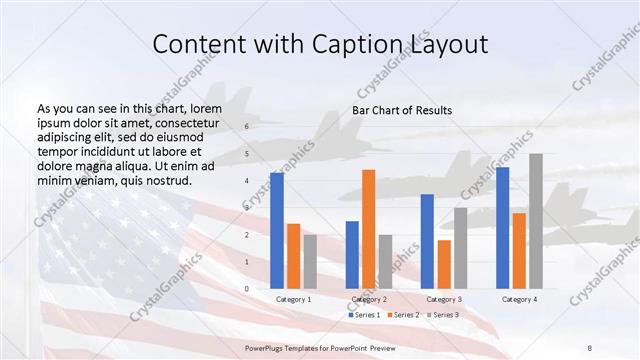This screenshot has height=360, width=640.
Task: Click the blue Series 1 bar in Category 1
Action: [276, 231]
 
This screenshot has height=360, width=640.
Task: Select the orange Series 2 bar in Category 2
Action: [368, 229]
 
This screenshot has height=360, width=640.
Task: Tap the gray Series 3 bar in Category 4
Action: [536, 221]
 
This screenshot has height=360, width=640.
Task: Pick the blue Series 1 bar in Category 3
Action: [427, 241]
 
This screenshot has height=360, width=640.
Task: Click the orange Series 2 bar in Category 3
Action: [444, 264]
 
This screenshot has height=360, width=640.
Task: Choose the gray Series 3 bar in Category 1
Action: [310, 261]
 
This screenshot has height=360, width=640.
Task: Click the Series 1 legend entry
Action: [366, 315]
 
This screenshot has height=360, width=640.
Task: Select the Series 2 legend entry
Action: [405, 315]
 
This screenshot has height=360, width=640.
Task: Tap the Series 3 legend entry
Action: [444, 315]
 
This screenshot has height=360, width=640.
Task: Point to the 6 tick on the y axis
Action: [247, 127]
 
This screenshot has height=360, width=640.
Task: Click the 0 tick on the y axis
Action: [247, 289]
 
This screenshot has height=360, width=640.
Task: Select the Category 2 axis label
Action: [368, 299]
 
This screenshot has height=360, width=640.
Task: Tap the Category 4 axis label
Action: [519, 299]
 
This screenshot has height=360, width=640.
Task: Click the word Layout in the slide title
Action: [446, 45]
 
